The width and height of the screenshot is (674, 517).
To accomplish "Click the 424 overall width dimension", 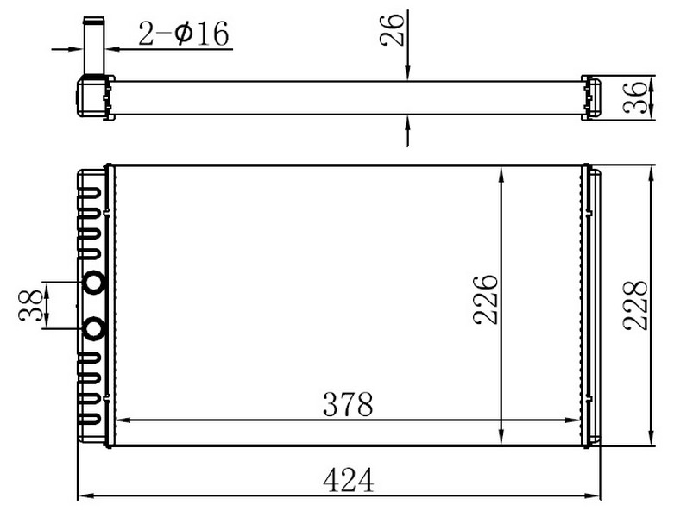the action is tap(348, 481).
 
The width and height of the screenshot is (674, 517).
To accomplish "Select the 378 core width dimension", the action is tap(348, 404).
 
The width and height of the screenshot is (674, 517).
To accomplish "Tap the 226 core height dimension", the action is tap(485, 299).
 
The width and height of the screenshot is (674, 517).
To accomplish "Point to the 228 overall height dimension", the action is tap(635, 305).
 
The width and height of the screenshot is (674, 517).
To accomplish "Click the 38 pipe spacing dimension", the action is tap(31, 306).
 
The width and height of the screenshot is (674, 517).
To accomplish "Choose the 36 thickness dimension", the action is tap(635, 97).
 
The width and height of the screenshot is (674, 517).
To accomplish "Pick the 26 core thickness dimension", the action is tap(392, 29).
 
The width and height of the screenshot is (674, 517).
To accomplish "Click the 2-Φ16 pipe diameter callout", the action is tap(184, 34).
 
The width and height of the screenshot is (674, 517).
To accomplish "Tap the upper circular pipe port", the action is tap(94, 283).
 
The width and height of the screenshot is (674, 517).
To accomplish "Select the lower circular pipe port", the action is tap(94, 329).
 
